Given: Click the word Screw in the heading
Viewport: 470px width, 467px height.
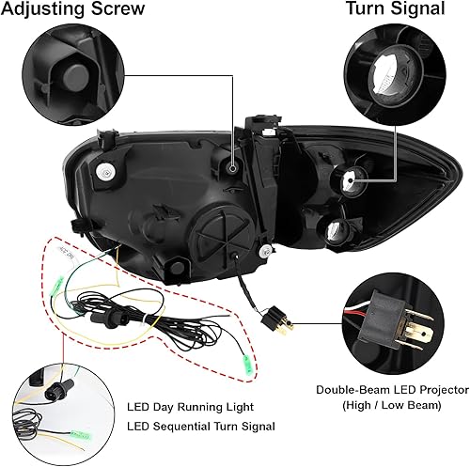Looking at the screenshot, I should [x=116, y=10].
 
